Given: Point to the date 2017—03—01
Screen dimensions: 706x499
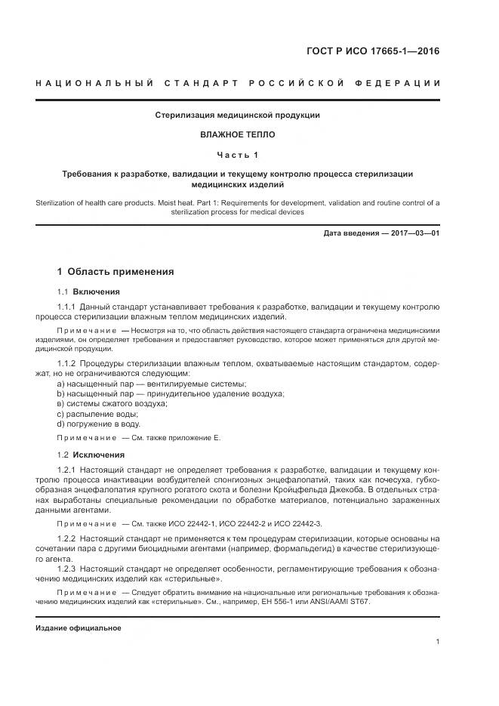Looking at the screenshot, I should pos(412,233).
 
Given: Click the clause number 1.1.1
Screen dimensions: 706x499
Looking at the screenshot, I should pos(68,307).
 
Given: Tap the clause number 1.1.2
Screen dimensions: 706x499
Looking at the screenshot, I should pos(68,364).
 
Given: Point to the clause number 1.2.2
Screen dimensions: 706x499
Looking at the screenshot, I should pos(68,538).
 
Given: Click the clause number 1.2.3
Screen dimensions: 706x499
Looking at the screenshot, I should pos(68,567).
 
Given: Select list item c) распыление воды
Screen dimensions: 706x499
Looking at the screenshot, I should pos(97,414).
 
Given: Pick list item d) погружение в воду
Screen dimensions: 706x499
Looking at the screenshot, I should pos(98,424).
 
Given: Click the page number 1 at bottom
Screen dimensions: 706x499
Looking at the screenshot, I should pos(438,642).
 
